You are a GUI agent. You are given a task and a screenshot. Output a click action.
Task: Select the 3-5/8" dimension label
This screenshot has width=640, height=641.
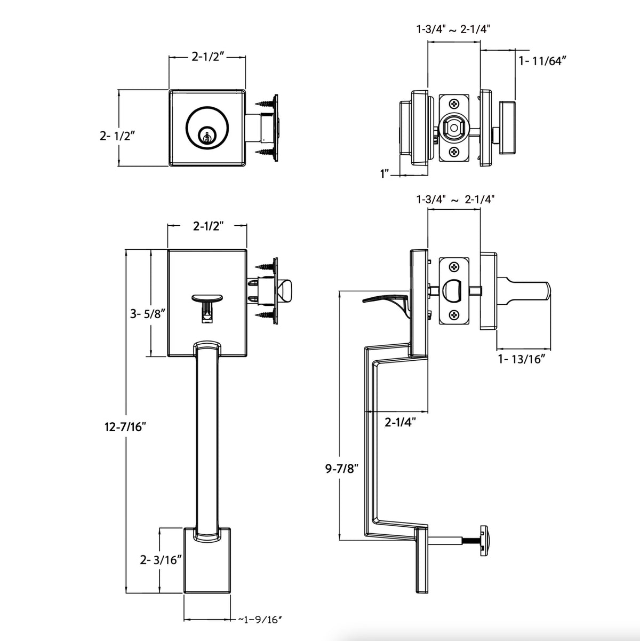pyautogui.click(x=147, y=314)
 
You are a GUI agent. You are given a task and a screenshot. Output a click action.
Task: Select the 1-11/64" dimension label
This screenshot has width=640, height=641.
pyautogui.click(x=542, y=61)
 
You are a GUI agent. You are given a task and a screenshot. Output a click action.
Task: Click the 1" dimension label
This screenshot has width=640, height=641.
pyautogui.click(x=385, y=174)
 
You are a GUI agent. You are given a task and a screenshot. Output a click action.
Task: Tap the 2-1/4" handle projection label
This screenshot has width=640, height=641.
pyautogui.click(x=400, y=423)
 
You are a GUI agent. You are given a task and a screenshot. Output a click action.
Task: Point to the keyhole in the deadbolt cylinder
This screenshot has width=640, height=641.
pyautogui.click(x=205, y=136)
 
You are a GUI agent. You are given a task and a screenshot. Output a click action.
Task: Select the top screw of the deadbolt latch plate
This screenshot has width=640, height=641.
pyautogui.click(x=453, y=104)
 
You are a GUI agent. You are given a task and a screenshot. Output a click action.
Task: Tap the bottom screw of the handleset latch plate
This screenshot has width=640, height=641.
pyautogui.click(x=453, y=315)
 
